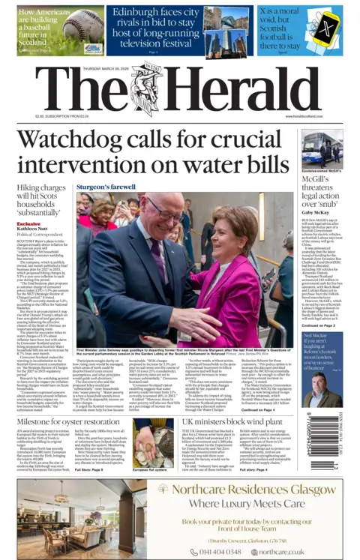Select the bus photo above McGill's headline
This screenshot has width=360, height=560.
[x=322, y=149]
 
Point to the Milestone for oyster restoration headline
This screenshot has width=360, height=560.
[x=70, y=424]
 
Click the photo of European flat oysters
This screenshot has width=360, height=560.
[x=148, y=442]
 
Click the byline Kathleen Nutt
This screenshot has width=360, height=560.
[x=31, y=229]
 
